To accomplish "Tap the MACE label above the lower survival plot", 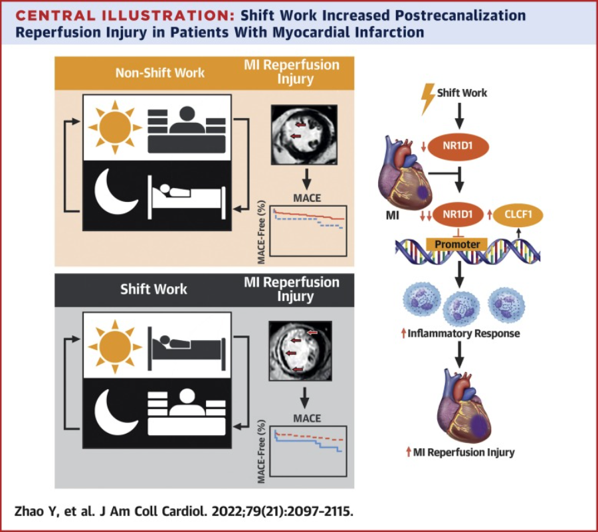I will (x=306, y=419).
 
